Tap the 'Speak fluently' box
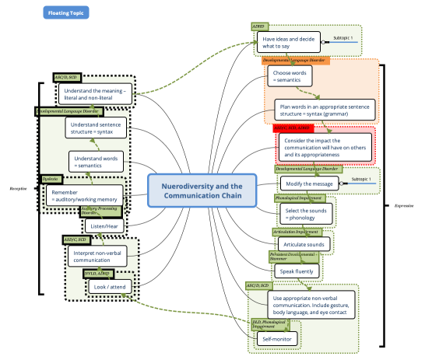pos(296,271)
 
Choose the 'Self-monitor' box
pos(276,338)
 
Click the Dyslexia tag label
pos(51,179)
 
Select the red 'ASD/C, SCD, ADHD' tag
pos(297,128)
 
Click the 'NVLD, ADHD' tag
pos(99,274)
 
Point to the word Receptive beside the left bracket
pos(19,188)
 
